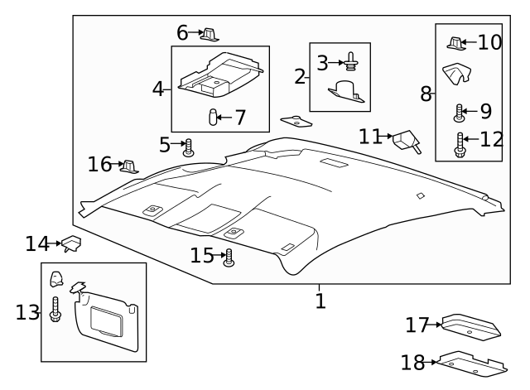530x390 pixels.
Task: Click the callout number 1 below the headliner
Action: click(x=320, y=301)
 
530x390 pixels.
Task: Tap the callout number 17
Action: click(x=417, y=325)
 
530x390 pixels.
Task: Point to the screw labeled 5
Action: click(x=189, y=147)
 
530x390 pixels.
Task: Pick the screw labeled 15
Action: click(x=229, y=258)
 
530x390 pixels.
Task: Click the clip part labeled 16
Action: click(x=128, y=166)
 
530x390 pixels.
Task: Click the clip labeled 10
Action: click(x=455, y=43)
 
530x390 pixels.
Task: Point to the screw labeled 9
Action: click(x=457, y=112)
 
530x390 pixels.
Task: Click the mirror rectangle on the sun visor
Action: click(x=107, y=319)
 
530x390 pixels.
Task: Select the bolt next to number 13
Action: click(x=55, y=311)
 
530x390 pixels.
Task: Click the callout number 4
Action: click(x=157, y=88)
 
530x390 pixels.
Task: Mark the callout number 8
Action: click(x=426, y=94)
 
